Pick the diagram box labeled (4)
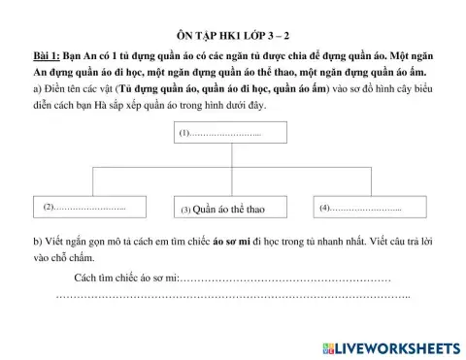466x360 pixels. (364, 207)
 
